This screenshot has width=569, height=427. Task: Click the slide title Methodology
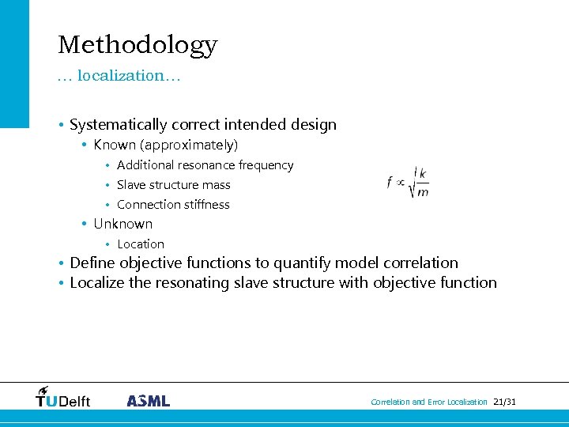138,44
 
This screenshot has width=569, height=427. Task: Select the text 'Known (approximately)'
165,145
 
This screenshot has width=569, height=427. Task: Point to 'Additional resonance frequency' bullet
205,165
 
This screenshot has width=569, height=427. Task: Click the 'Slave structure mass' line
173,185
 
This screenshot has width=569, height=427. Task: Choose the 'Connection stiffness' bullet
173,205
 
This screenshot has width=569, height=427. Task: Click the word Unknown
122,224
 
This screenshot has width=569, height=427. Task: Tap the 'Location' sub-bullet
140,244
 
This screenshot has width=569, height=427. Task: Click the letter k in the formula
423,174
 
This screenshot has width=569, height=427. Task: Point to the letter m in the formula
423,192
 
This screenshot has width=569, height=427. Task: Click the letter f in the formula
390,183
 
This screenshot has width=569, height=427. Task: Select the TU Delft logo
63,398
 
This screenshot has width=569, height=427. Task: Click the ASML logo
148,401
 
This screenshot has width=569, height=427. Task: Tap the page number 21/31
503,402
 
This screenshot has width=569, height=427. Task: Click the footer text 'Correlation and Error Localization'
429,402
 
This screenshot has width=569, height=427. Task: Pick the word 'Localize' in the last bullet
97,283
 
